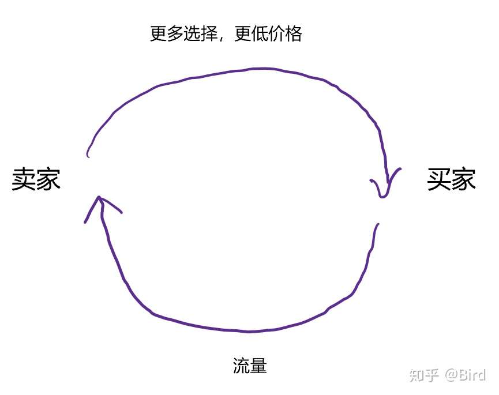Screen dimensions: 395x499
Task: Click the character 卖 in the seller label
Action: pos(24,180)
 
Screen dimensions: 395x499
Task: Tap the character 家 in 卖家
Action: pos(48,180)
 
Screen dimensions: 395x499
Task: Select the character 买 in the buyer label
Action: pos(439,179)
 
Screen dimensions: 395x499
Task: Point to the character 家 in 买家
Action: pos(464,179)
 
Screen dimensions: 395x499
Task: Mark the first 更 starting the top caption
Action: pos(159,34)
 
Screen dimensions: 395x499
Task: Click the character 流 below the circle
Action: pos(241,366)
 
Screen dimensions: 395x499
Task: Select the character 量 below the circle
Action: pos(258,366)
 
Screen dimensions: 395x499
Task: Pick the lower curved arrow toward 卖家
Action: pos(242,330)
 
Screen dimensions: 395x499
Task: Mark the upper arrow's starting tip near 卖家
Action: pos(88,155)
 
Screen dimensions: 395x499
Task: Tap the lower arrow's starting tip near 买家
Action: pos(378,225)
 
